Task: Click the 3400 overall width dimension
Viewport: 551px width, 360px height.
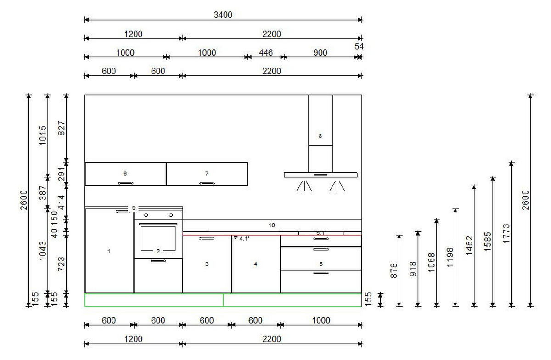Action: click(x=223, y=15)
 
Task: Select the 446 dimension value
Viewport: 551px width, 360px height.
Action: click(x=266, y=53)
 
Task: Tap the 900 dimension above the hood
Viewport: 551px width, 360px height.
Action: click(x=320, y=53)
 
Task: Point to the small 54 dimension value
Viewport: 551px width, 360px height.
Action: click(x=359, y=46)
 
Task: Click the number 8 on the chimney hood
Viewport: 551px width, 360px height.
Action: click(x=320, y=136)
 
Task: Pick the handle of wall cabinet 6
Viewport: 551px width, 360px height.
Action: click(x=126, y=183)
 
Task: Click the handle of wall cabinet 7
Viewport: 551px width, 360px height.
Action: click(x=207, y=183)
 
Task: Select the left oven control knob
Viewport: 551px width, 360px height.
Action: click(x=146, y=215)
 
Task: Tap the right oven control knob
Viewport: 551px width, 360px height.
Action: click(x=170, y=215)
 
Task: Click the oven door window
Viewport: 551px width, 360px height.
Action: click(x=158, y=238)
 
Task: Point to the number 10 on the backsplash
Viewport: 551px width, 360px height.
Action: click(x=271, y=225)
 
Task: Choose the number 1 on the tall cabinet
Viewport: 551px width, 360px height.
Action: click(x=109, y=251)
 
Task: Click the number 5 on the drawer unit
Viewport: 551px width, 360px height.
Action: click(x=321, y=264)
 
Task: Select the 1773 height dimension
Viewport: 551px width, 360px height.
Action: click(x=506, y=233)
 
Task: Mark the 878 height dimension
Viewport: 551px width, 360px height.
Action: click(x=394, y=270)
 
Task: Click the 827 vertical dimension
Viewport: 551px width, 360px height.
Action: click(x=61, y=128)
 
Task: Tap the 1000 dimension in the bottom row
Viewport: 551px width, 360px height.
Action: click(x=321, y=321)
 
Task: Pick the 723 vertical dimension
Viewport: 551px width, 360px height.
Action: click(x=61, y=264)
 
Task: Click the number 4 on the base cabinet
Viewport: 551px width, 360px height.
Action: click(x=255, y=264)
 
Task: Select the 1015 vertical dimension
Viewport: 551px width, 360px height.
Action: click(x=43, y=135)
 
